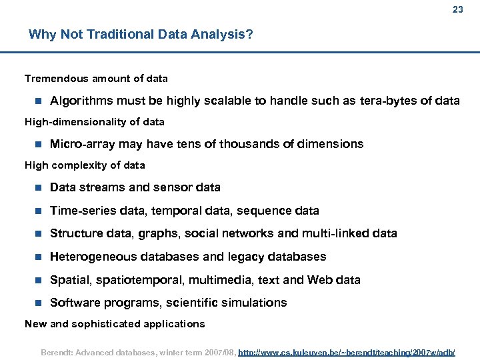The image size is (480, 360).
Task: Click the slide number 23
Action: (457, 9)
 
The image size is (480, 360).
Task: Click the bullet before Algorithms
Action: (38, 101)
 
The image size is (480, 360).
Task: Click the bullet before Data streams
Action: (38, 187)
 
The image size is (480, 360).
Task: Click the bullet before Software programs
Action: (38, 303)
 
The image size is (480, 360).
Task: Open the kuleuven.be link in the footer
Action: (347, 351)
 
